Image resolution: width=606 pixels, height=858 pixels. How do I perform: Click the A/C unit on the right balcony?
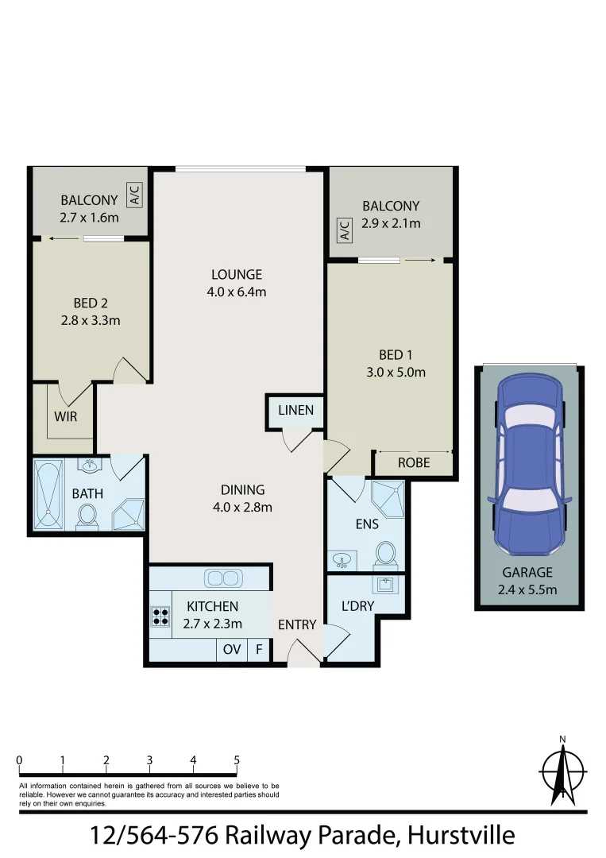coord(345,230)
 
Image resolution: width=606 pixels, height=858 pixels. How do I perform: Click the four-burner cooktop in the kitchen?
coord(160,617)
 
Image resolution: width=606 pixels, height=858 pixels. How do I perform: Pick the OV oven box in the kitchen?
coord(232,649)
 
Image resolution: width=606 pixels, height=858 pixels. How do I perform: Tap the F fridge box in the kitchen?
coord(258,649)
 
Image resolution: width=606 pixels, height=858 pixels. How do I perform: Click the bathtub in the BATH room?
coord(48,494)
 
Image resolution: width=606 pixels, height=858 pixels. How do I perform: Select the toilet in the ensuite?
coord(385,553)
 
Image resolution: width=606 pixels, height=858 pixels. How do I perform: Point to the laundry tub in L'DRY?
coord(386,587)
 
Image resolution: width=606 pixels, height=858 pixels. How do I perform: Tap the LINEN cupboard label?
coord(295,411)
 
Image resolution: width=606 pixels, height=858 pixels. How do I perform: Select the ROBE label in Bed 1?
coord(413,462)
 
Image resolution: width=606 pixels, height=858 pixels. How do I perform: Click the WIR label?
coord(66,415)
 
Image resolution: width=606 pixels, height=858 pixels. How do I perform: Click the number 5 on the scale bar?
coord(237,760)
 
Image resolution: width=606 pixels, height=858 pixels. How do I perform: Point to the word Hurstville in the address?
coord(461,836)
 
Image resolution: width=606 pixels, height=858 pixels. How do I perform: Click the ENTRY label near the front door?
coord(297,625)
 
